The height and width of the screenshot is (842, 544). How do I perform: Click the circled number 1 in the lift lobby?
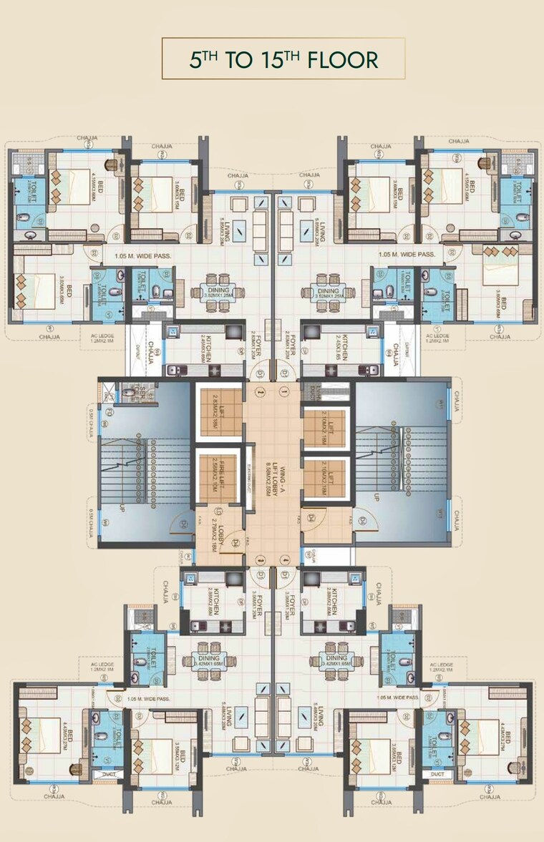285,391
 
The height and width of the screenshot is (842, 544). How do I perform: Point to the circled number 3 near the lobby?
260,559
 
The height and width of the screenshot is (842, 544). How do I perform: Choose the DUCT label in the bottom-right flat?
438,773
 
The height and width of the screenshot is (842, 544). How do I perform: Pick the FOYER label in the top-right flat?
288,348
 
